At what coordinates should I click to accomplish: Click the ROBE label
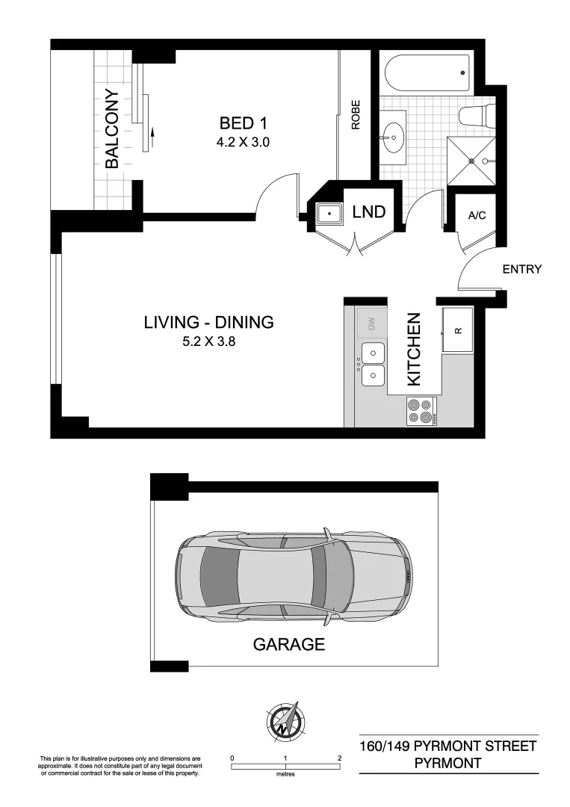pyautogui.click(x=356, y=115)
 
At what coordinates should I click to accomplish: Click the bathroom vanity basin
pyautogui.click(x=394, y=137)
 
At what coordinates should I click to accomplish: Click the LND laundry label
pyautogui.click(x=368, y=212)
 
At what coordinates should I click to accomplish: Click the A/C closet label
pyautogui.click(x=477, y=216)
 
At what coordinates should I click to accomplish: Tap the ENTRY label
pyautogui.click(x=521, y=270)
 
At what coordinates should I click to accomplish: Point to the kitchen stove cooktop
pyautogui.click(x=420, y=411)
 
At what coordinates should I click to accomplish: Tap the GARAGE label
pyautogui.click(x=288, y=644)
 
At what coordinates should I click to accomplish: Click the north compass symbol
pyautogui.click(x=286, y=720)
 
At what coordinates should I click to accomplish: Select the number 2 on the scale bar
pyautogui.click(x=340, y=758)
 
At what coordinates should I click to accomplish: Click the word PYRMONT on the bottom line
pyautogui.click(x=447, y=763)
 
